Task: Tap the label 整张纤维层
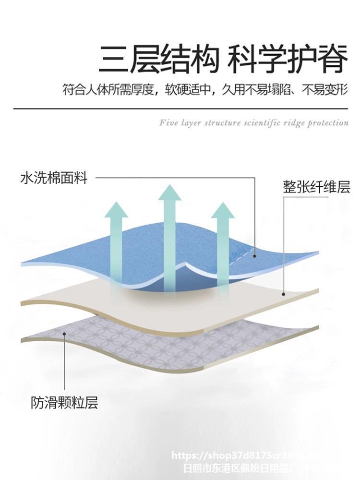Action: coord(316,187)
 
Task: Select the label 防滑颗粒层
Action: coord(64,402)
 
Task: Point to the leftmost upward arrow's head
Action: coord(116,210)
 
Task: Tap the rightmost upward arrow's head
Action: coord(223,210)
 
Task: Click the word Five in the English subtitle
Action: coord(168,123)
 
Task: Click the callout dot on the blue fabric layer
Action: coord(254,256)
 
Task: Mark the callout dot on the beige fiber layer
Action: coord(283,294)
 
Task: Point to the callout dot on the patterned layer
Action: coord(64,332)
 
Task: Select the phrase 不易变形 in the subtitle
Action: coord(325,90)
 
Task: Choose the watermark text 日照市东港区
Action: coord(211,468)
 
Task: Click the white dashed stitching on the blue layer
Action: coord(240,260)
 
